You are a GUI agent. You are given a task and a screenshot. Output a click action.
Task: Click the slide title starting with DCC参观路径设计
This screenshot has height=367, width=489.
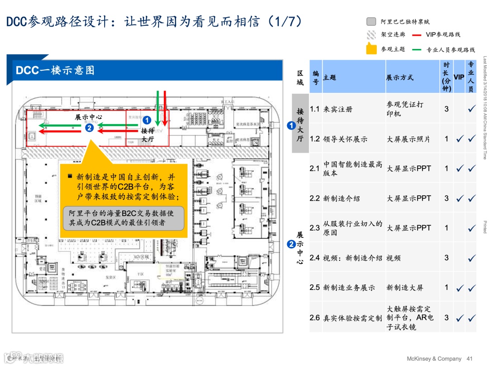point(154,21)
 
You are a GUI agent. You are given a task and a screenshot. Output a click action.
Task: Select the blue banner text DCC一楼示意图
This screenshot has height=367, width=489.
point(55,70)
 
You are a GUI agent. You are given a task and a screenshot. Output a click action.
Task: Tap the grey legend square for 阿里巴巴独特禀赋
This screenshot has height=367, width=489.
point(371,21)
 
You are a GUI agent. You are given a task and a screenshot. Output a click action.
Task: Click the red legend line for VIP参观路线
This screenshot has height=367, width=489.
point(417,34)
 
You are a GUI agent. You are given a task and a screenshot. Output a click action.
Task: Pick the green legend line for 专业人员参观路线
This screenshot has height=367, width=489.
point(417,49)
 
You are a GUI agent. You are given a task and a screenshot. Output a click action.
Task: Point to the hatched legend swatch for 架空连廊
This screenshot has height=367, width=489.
point(371,34)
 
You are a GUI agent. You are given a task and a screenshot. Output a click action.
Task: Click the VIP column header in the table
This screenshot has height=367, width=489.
point(459,77)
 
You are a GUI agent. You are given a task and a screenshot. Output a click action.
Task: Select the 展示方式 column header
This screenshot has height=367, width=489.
point(400,77)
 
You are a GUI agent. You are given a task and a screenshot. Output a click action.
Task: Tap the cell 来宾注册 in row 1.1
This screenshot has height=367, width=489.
point(338,109)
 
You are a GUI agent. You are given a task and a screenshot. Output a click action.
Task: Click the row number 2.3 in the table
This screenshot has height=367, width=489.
point(315,228)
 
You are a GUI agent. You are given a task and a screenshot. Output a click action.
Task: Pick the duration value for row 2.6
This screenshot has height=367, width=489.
point(446,318)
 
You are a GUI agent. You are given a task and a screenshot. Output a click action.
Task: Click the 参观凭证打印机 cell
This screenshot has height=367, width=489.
point(405,109)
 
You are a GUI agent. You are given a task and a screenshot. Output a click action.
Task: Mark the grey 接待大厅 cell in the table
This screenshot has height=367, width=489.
point(300,123)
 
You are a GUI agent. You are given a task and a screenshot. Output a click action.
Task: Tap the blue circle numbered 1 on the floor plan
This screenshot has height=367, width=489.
point(147,121)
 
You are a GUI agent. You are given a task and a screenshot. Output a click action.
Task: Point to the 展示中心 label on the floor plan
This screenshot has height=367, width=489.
point(88,117)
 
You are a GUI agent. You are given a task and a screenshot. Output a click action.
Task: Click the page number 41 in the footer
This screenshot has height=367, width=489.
point(470,358)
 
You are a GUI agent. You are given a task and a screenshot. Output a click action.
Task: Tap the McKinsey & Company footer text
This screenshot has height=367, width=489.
point(434,358)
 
